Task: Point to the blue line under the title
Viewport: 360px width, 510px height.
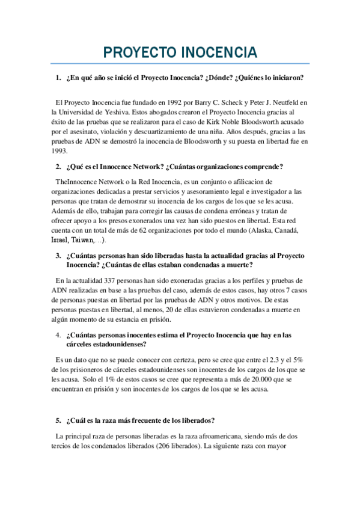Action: [180, 64]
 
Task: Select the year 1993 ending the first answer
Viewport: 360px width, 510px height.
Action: [60, 152]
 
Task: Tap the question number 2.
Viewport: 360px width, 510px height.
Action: [58, 166]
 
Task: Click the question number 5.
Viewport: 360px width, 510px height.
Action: [58, 420]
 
